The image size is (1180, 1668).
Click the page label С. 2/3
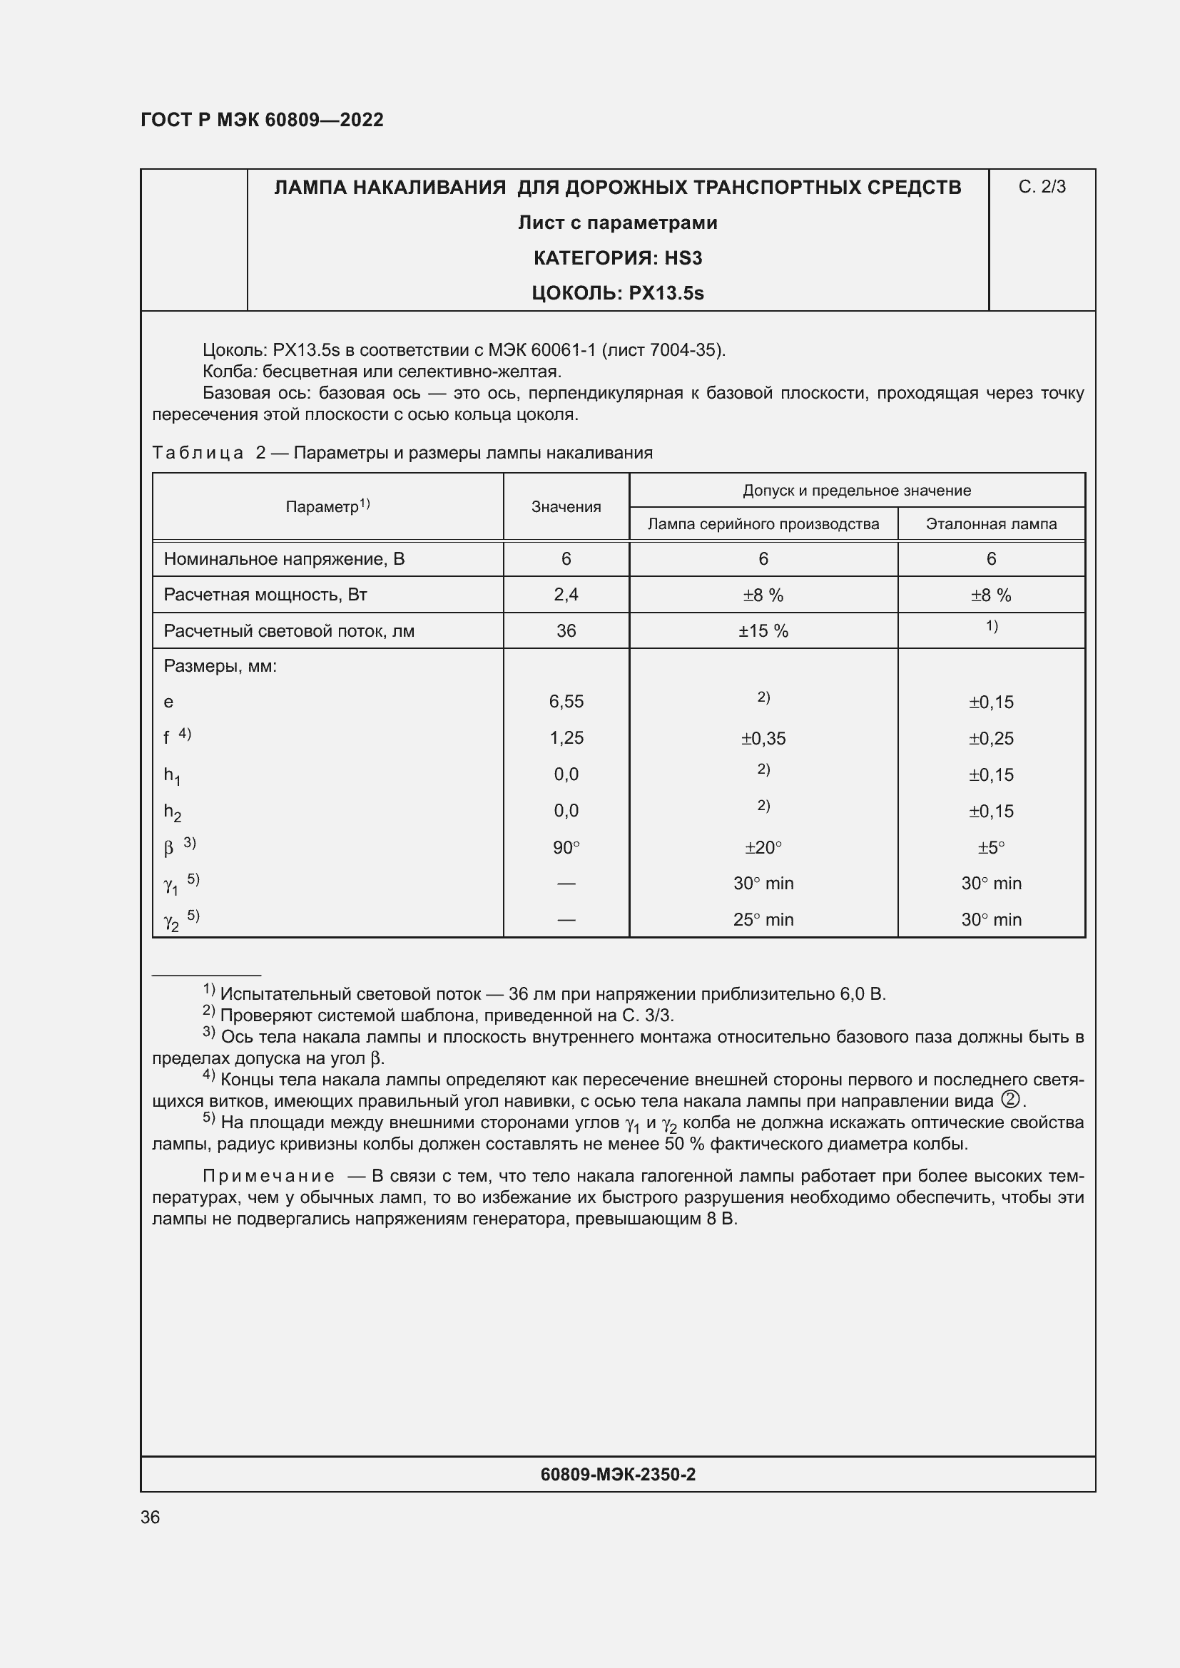click(x=1041, y=188)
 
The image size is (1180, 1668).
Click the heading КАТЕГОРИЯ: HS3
click(x=617, y=258)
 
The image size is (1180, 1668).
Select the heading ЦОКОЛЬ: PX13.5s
click(x=617, y=294)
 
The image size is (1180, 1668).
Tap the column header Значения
click(x=565, y=507)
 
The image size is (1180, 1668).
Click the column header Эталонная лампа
click(x=990, y=524)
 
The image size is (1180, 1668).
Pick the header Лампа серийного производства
click(x=762, y=524)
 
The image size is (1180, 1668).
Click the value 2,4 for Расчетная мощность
click(x=565, y=595)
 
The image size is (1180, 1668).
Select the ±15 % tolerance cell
click(x=762, y=631)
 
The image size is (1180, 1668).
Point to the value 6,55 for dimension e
click(x=565, y=702)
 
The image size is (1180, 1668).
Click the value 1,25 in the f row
click(x=565, y=738)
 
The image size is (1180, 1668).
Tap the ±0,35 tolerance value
click(x=762, y=739)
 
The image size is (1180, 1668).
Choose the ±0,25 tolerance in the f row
click(x=990, y=739)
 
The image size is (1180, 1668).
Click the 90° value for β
click(x=565, y=848)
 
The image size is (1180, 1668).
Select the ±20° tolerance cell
click(x=762, y=848)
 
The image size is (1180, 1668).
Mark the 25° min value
click(x=762, y=920)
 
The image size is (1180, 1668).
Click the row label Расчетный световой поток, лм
click(x=288, y=631)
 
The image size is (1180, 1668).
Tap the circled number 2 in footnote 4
click(x=1009, y=1100)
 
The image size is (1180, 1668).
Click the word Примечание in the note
click(x=268, y=1176)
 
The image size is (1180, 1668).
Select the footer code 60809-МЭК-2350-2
click(x=617, y=1474)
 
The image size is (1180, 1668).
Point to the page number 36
click(x=150, y=1517)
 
